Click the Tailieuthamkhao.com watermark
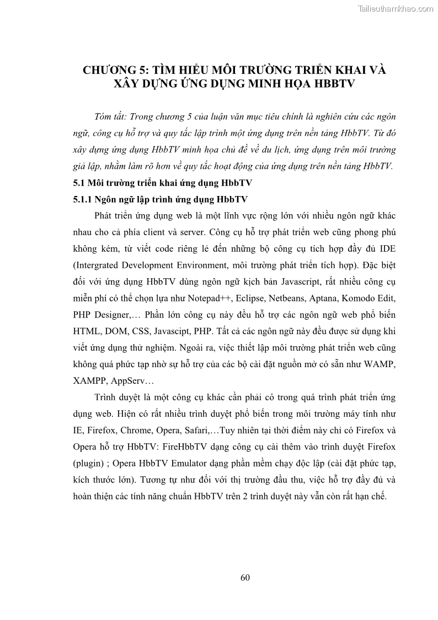[396, 9]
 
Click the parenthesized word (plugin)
[89, 463]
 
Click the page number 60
[245, 578]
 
